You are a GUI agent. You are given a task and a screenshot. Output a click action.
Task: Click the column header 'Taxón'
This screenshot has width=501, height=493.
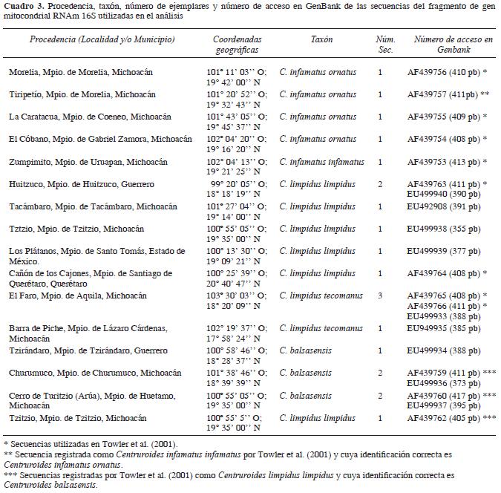coord(322,39)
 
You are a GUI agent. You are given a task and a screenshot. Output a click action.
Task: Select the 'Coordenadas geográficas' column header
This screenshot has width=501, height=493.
coord(235,44)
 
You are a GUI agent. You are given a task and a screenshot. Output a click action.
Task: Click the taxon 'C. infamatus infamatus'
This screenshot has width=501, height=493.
coord(321,162)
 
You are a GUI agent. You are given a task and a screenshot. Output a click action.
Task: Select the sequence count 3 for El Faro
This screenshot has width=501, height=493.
coord(380,296)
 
